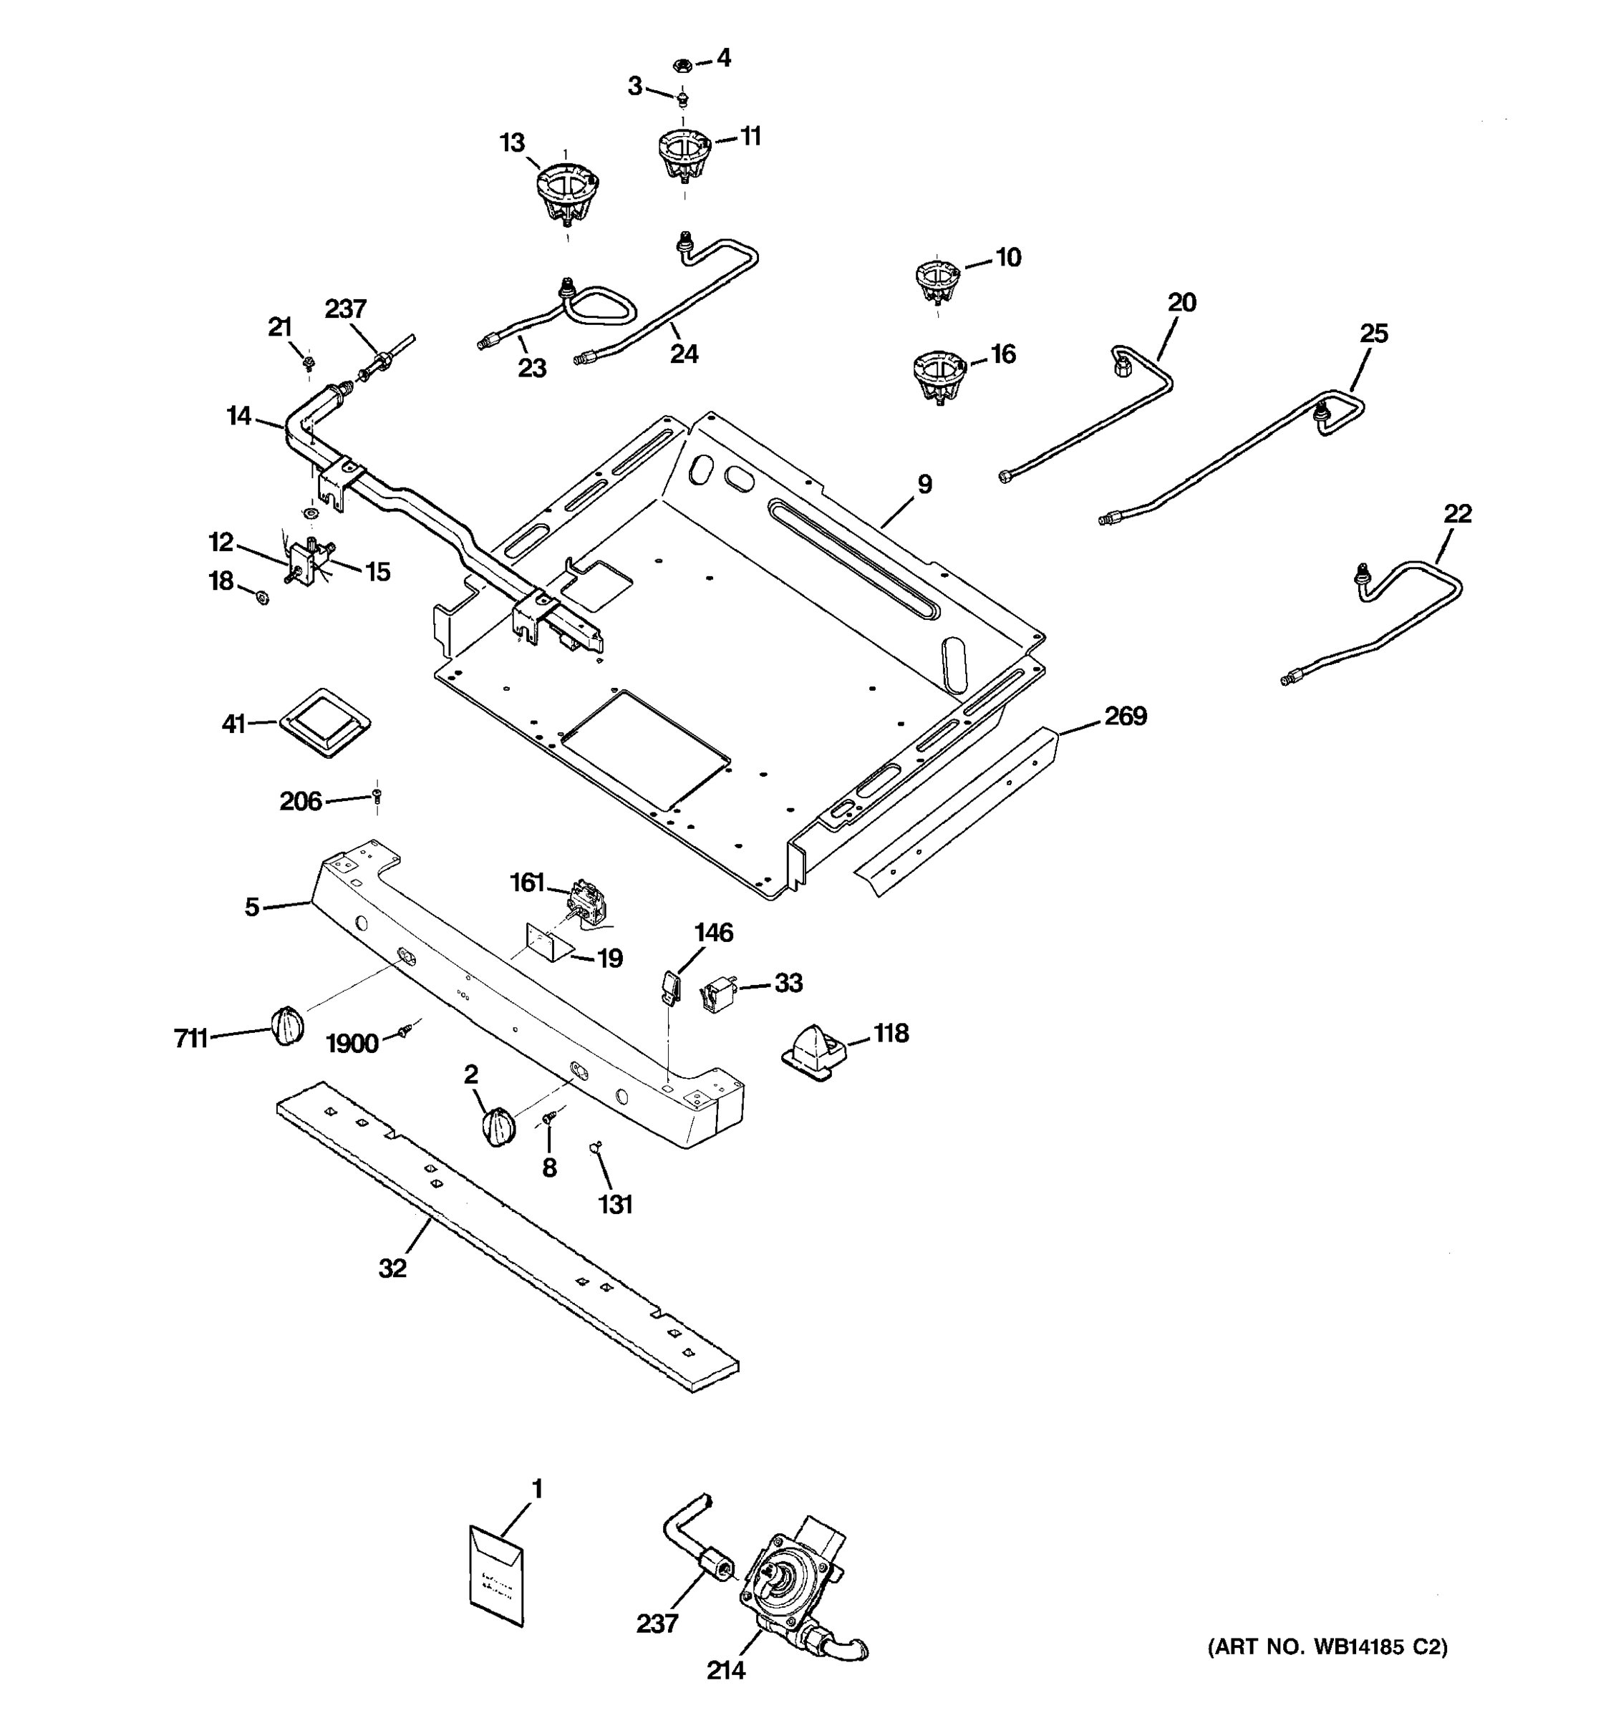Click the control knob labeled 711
coord(288,1026)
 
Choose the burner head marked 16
coord(939,377)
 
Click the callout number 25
coord(1373,334)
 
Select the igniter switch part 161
coord(588,902)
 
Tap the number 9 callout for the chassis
coord(924,484)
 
